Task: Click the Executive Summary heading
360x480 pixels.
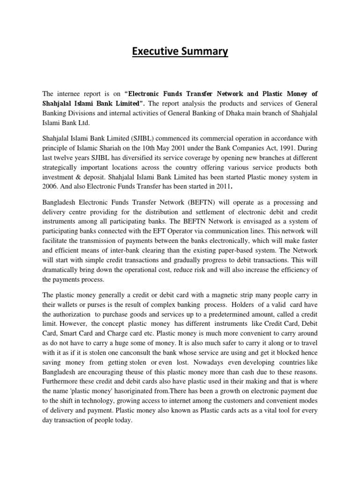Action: tap(180, 52)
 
